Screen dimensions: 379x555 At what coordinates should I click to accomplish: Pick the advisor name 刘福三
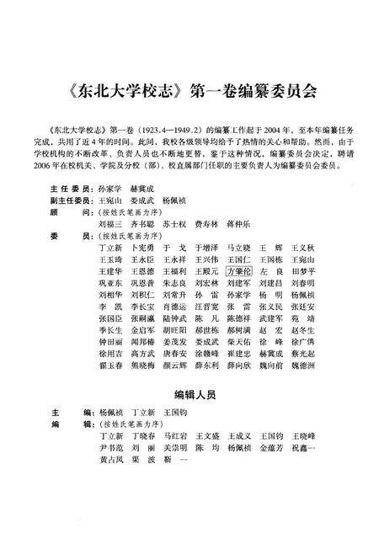pos(111,203)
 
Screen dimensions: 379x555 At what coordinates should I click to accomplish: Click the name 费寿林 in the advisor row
pos(207,203)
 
